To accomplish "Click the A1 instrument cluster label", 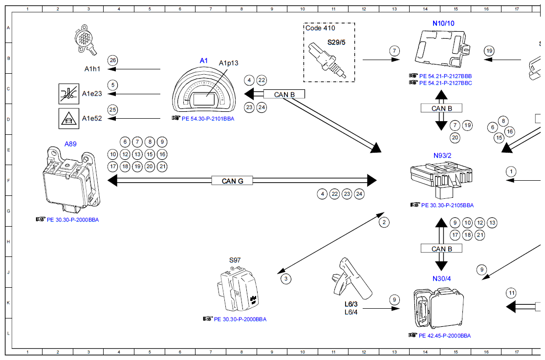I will (x=204, y=60).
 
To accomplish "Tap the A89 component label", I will (x=70, y=144).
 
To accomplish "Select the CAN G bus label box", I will (x=232, y=181).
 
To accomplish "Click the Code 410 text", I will (x=320, y=28).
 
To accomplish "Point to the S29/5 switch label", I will (x=336, y=42).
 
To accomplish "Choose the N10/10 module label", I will (x=443, y=23).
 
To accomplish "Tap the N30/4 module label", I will (x=441, y=278).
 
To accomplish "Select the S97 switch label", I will (x=235, y=260).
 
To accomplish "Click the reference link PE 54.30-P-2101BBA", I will (x=208, y=118).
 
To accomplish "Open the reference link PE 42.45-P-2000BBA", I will (x=445, y=336).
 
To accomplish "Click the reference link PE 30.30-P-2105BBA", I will (x=447, y=205).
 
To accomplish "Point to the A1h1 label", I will (x=92, y=69).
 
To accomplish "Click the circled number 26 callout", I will (x=113, y=60).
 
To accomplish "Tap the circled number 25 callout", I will (x=113, y=109).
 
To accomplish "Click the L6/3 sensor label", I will (x=351, y=304).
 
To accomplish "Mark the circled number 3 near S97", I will (x=286, y=279).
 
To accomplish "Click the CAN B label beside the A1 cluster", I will (x=284, y=94).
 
